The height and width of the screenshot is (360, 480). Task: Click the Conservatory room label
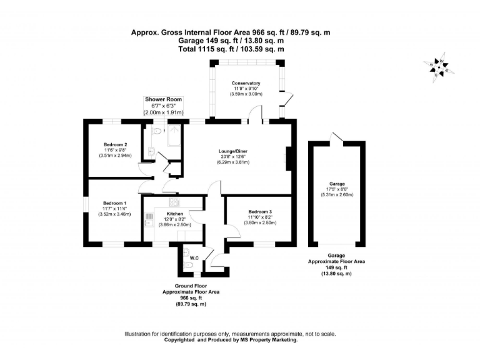pyautogui.click(x=246, y=83)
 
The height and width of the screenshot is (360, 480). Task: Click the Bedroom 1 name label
pyautogui.click(x=114, y=203)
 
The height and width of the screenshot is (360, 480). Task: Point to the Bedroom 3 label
pyautogui.click(x=259, y=212)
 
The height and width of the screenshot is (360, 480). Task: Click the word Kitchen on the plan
pyautogui.click(x=174, y=214)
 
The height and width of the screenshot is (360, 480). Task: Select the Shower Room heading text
pyautogui.click(x=163, y=99)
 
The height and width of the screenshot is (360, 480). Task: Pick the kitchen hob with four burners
pyautogui.click(x=173, y=203)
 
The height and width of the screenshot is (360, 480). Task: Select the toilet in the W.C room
pyautogui.click(x=188, y=265)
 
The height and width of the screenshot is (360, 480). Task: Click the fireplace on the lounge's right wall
pyautogui.click(x=288, y=157)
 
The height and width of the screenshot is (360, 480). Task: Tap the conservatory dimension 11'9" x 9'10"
pyautogui.click(x=246, y=89)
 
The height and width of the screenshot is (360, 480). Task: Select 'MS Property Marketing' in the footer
pyautogui.click(x=265, y=340)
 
